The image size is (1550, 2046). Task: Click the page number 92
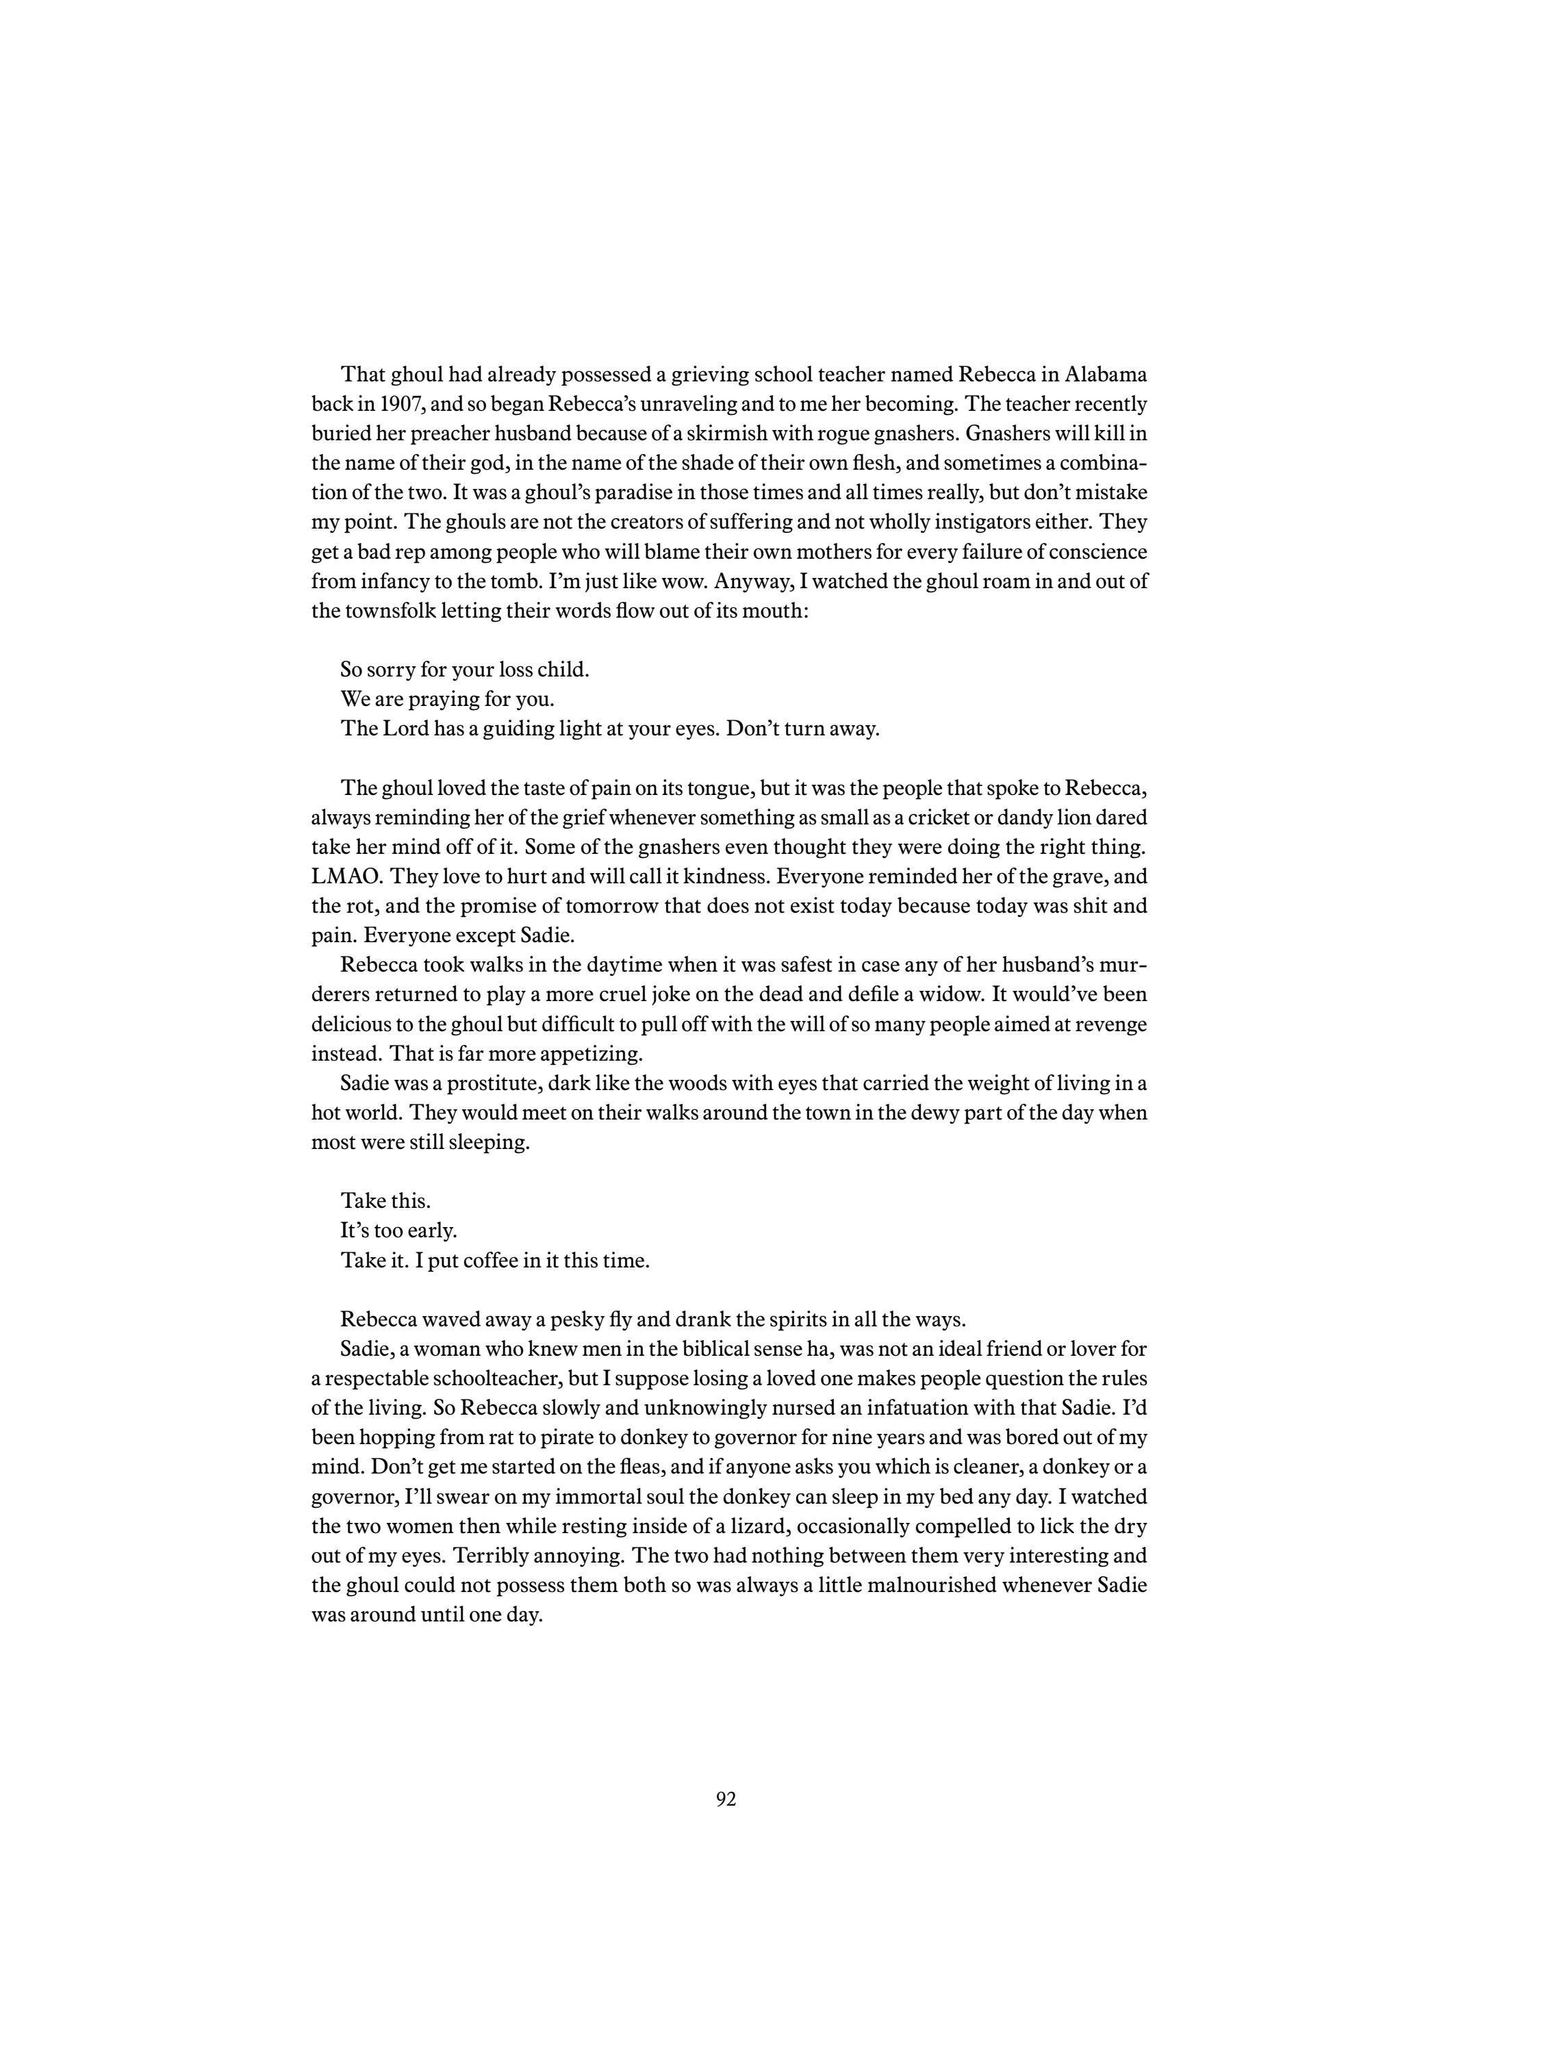pyautogui.click(x=725, y=1799)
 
